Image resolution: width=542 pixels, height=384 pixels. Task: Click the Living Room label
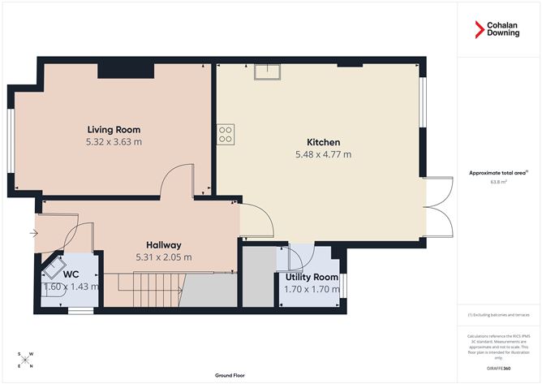coord(114,129)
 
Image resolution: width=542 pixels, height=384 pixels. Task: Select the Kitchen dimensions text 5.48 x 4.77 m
coord(323,154)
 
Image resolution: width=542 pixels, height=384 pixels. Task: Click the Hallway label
coord(163,244)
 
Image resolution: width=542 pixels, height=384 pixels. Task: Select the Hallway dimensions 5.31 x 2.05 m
coord(163,257)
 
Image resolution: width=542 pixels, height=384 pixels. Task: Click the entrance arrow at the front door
coord(32,235)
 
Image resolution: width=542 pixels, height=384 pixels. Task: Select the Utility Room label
coord(311,276)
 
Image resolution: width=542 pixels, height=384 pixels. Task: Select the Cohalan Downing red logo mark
coord(480,31)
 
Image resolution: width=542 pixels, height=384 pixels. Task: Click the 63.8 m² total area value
coord(498,182)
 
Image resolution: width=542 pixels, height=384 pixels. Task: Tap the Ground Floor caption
coord(230,376)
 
